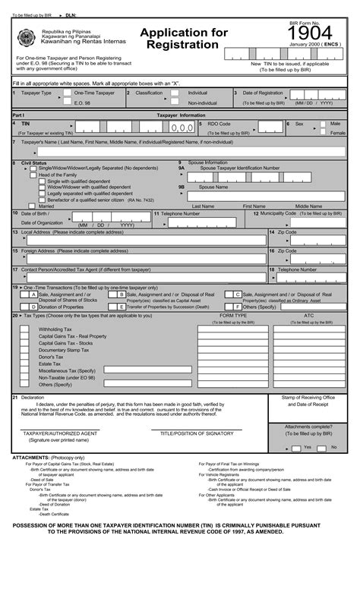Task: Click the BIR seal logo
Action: coord(27,36)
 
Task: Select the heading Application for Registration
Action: coord(183,38)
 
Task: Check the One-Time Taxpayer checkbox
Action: coord(68,93)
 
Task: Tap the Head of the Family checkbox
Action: coord(33,175)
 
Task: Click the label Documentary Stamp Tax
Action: coord(64,350)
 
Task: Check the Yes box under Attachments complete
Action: coord(298,448)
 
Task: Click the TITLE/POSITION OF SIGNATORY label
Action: coord(197,433)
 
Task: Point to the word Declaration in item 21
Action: coord(33,397)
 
